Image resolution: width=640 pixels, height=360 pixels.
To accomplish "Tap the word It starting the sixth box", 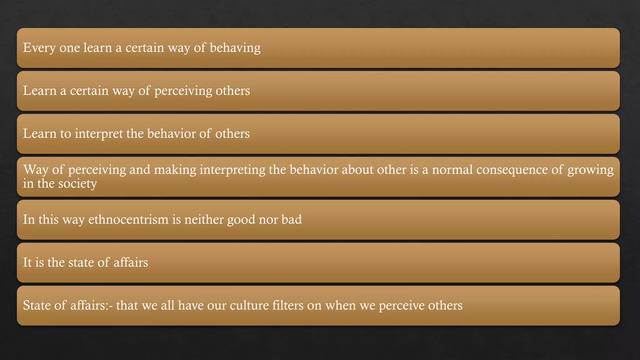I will [27, 262].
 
